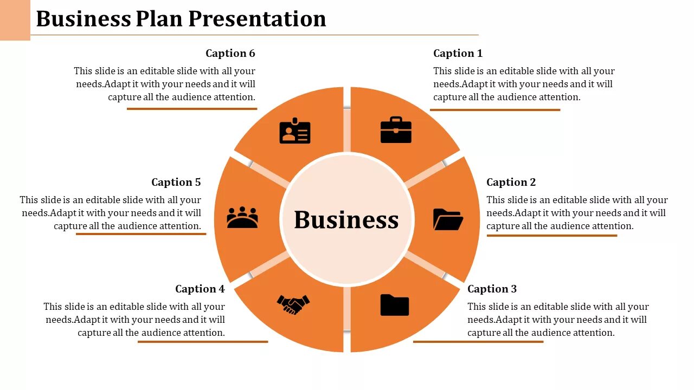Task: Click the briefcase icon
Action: click(x=396, y=131)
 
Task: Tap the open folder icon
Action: click(x=448, y=219)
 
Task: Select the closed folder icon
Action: click(x=395, y=305)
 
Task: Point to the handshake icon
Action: click(x=293, y=304)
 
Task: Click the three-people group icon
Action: click(x=242, y=217)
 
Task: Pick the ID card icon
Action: click(x=295, y=131)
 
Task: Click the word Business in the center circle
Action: click(x=346, y=220)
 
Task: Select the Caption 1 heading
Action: click(x=458, y=53)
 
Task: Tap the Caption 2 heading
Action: click(x=511, y=182)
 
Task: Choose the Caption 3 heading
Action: click(x=492, y=289)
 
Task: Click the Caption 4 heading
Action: click(x=200, y=289)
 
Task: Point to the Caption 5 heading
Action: click(x=176, y=182)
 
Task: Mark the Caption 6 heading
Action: click(x=230, y=53)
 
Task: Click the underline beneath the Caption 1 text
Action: click(x=494, y=110)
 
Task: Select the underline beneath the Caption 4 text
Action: click(x=203, y=342)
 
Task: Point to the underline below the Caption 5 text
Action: click(x=141, y=234)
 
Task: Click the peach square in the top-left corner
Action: click(x=15, y=19)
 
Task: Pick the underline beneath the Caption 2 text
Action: click(x=551, y=236)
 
